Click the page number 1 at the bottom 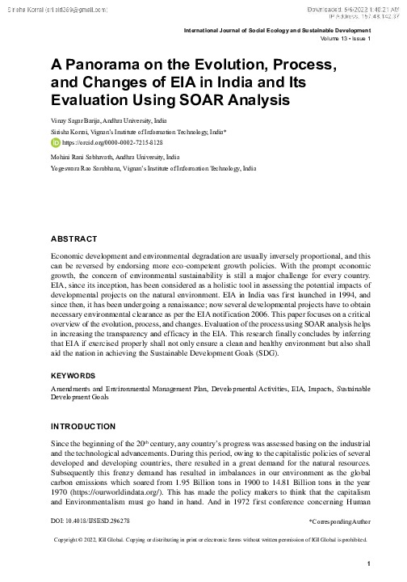pyautogui.click(x=367, y=564)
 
